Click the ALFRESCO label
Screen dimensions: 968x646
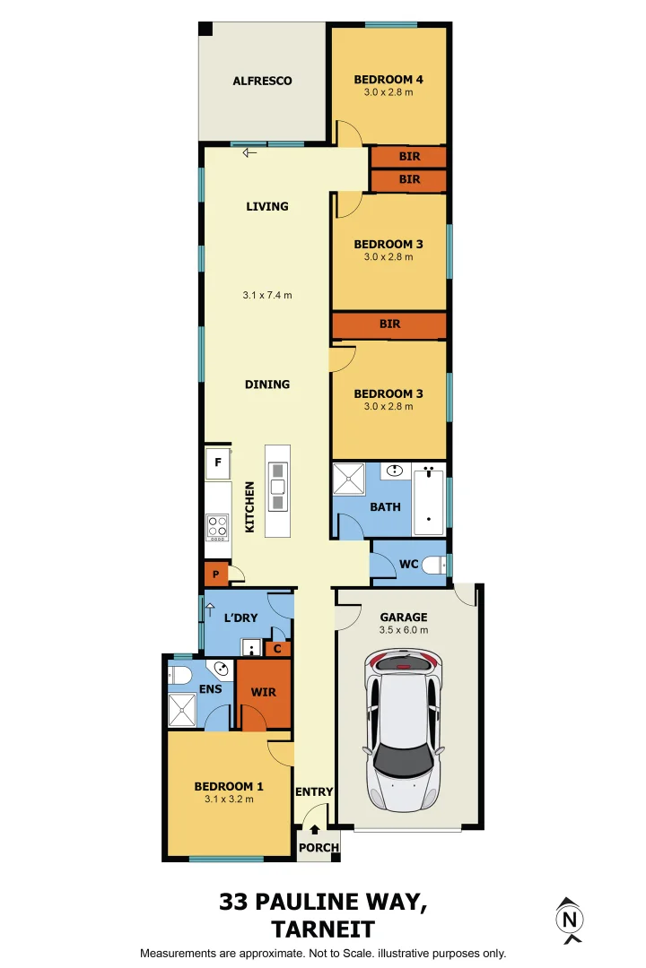(262, 81)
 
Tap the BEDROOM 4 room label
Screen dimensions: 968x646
(388, 80)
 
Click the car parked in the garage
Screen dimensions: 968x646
(404, 730)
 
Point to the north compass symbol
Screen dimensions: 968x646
(569, 920)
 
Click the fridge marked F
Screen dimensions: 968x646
(217, 463)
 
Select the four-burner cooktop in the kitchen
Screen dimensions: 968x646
(217, 526)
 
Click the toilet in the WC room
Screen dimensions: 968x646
(434, 566)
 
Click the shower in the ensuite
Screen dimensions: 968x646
(183, 711)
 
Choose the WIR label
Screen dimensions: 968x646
(264, 692)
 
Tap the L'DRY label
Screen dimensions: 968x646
(240, 618)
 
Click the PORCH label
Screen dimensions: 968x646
(319, 848)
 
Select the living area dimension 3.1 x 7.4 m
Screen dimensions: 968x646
(267, 295)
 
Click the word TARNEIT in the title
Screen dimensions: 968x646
(323, 929)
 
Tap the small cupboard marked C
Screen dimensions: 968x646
(277, 648)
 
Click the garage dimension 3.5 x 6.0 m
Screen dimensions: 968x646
(403, 630)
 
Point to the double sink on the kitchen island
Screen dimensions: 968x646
(277, 487)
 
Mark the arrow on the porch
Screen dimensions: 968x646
(314, 831)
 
